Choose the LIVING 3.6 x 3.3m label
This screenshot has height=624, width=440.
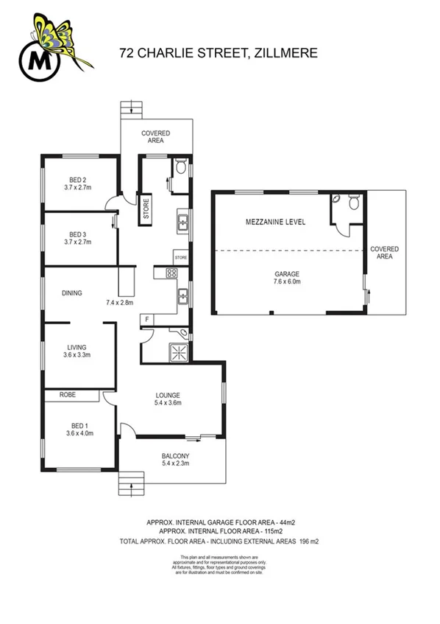tap(77, 351)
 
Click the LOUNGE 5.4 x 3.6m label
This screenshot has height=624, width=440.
tap(168, 399)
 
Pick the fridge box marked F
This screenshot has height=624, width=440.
tap(146, 320)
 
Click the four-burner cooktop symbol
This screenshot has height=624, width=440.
tap(171, 273)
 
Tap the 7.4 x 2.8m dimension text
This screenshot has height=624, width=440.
tap(119, 303)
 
